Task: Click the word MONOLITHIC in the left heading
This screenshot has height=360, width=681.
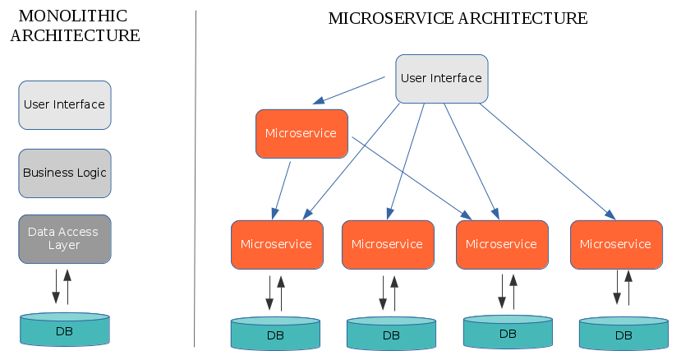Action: (73, 16)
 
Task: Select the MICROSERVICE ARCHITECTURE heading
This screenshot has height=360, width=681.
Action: (458, 18)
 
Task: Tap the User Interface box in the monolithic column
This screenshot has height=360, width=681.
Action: (65, 104)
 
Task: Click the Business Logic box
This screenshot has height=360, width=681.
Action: (65, 173)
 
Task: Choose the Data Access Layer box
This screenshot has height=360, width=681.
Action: (65, 238)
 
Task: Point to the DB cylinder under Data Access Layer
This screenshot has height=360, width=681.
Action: (65, 329)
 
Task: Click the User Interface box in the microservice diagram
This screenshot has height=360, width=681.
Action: (442, 79)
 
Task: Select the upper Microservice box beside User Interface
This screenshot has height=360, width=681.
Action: (301, 133)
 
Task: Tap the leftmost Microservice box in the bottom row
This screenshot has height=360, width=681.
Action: (277, 244)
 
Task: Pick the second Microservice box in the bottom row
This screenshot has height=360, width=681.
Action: (388, 244)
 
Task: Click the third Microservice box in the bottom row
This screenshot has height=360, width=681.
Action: (502, 244)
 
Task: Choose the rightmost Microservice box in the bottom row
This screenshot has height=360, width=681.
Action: (616, 244)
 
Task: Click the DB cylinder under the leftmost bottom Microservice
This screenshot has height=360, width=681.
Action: (275, 334)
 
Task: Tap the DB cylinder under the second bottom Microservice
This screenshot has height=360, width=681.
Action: (391, 334)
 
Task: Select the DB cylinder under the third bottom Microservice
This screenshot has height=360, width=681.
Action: (508, 332)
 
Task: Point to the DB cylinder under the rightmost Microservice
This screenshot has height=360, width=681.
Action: (623, 334)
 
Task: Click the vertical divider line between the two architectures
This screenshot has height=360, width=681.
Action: (195, 178)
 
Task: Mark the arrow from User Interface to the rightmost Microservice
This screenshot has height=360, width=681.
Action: (548, 162)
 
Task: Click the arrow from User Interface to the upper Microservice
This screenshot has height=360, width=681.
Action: (349, 90)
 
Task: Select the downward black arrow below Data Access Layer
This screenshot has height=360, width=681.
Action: (56, 286)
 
